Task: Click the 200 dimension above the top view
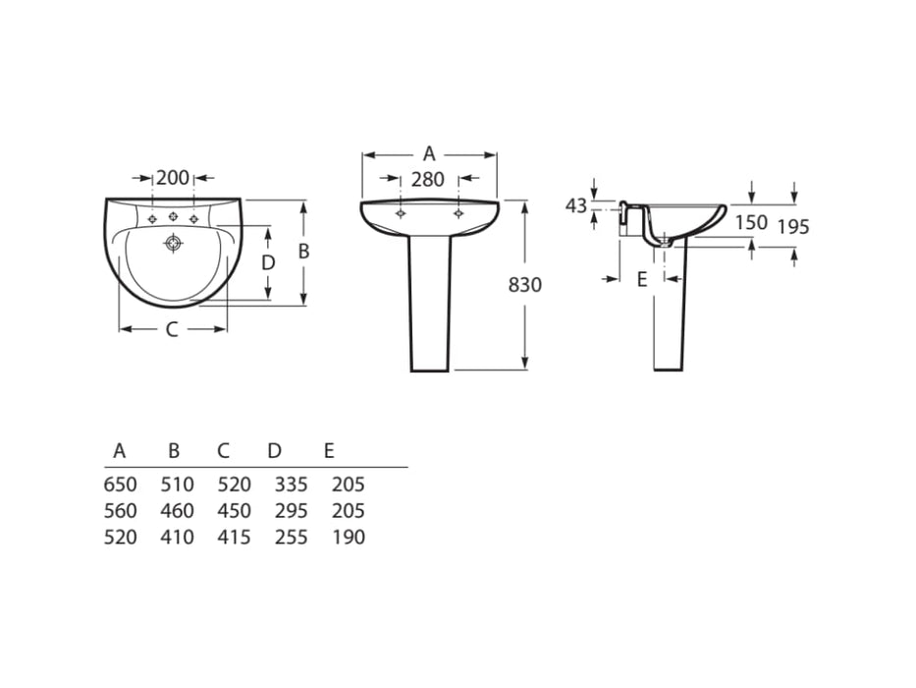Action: tap(173, 178)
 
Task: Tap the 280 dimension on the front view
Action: tap(428, 179)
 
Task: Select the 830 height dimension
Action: tap(525, 285)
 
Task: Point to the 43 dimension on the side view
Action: tap(576, 205)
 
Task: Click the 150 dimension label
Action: tap(751, 222)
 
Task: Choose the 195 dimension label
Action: tap(793, 227)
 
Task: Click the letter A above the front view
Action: tap(429, 153)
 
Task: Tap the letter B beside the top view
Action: tap(303, 252)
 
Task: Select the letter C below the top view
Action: tap(171, 330)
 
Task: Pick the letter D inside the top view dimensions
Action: tap(267, 262)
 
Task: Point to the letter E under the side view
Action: tap(642, 279)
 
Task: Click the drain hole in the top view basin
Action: tap(174, 241)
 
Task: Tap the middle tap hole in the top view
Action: tap(173, 217)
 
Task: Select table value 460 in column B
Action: tap(177, 511)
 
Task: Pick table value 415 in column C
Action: tap(234, 538)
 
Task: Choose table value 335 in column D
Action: tap(291, 485)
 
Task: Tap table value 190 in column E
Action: tap(349, 538)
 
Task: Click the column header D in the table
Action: tap(275, 451)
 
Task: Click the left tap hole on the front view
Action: tap(401, 212)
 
